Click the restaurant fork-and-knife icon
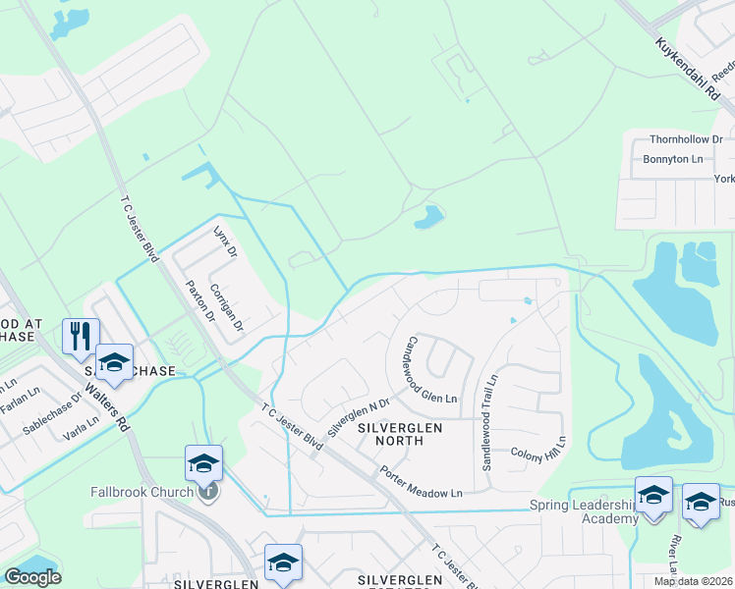pyautogui.click(x=79, y=336)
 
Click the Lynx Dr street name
pyautogui.click(x=226, y=241)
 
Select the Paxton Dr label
pyautogui.click(x=200, y=299)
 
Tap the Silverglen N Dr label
pyautogui.click(x=359, y=416)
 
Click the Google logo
pyautogui.click(x=32, y=577)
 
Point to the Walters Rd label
pyautogui.click(x=106, y=402)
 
